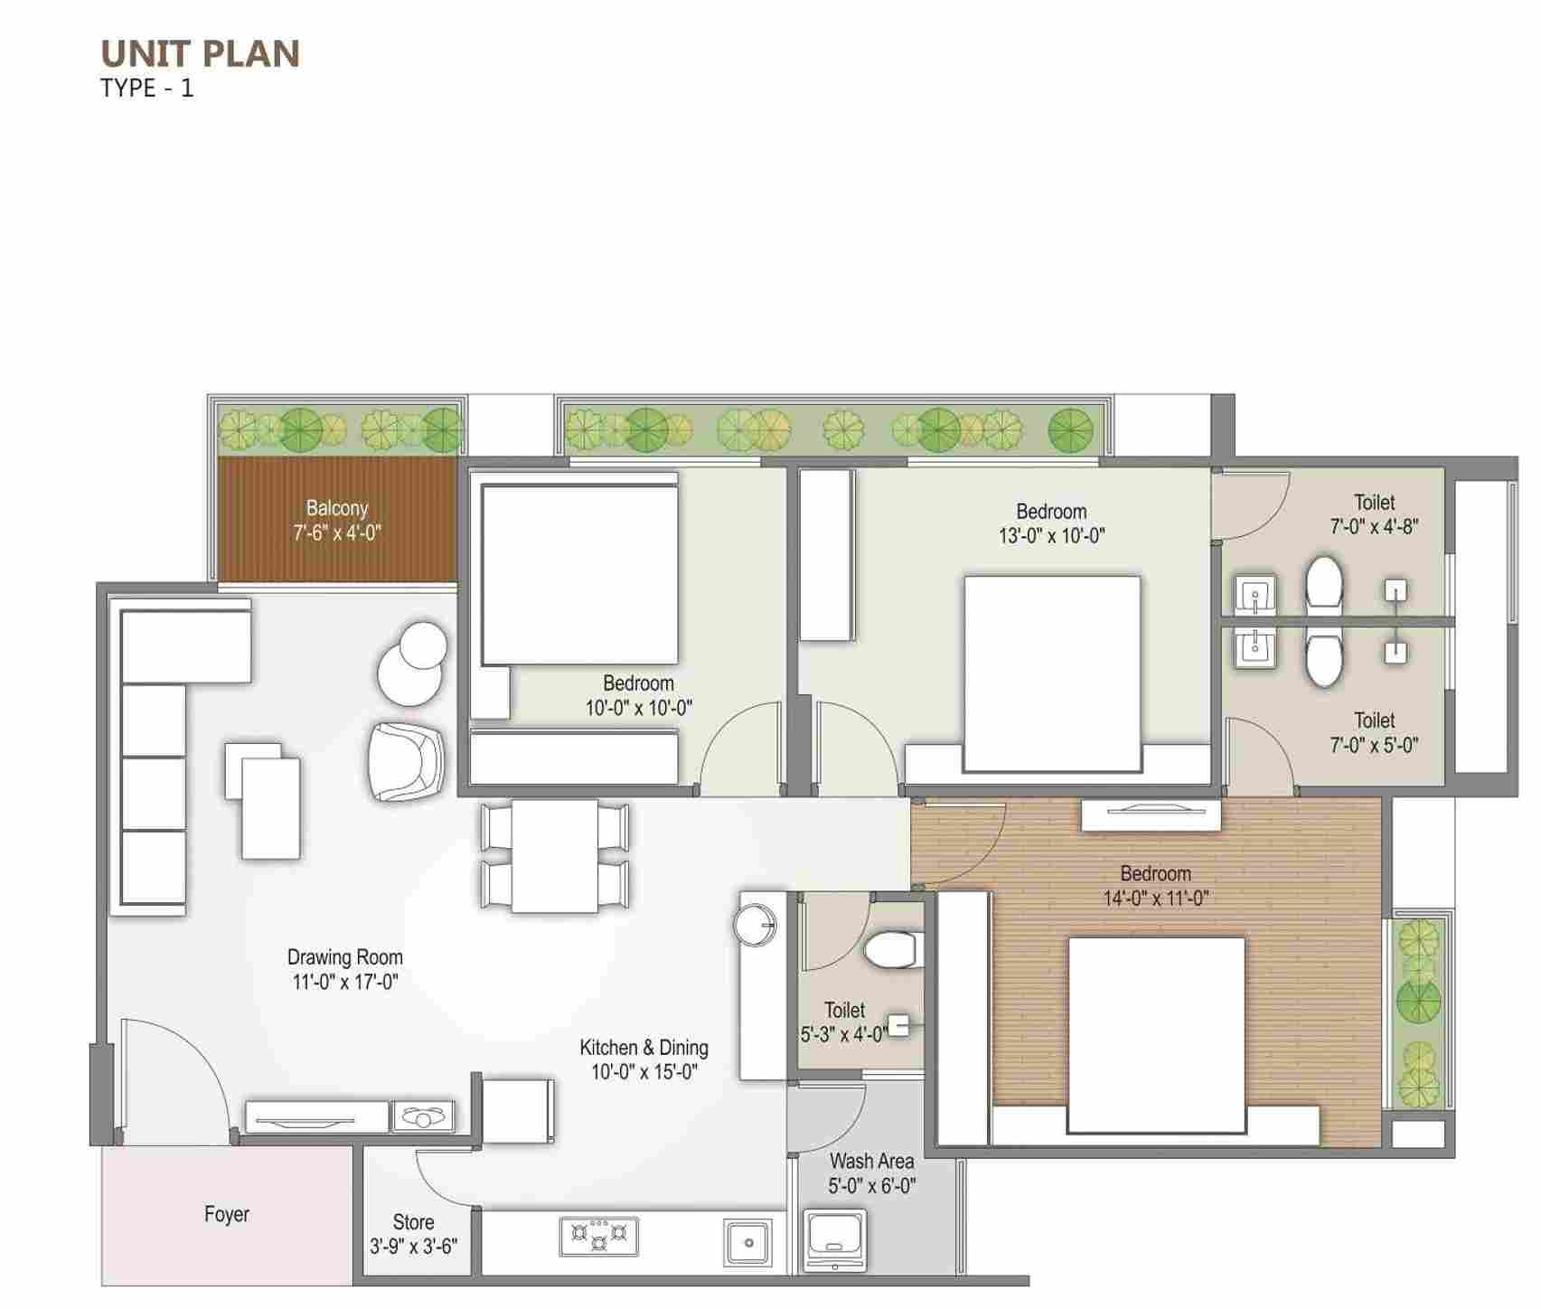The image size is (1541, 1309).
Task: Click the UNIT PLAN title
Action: [x=200, y=54]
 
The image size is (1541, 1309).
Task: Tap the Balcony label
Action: [x=337, y=508]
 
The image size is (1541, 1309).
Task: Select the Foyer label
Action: [x=226, y=1214]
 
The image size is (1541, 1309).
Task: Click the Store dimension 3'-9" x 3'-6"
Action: [x=413, y=1247]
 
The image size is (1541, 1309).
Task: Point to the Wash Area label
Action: [x=871, y=1161]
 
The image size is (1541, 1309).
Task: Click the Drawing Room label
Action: [x=345, y=956]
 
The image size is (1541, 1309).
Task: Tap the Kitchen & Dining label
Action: [x=644, y=1048]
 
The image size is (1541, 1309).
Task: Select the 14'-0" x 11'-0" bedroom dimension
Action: [x=1156, y=898]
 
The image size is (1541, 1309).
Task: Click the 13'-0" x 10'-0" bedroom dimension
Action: [x=1051, y=535]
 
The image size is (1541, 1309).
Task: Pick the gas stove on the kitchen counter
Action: [x=598, y=1236]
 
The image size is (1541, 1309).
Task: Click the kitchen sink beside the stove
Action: [x=747, y=1242]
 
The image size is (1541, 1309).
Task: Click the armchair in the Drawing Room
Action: [x=407, y=761]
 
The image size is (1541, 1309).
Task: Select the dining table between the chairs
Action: [x=555, y=856]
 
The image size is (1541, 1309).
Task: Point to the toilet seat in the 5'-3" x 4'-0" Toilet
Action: [x=890, y=950]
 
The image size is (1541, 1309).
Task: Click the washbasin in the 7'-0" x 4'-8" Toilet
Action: [x=1254, y=595]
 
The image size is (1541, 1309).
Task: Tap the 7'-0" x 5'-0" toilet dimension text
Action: [x=1374, y=745]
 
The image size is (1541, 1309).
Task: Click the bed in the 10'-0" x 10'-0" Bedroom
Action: [x=579, y=574]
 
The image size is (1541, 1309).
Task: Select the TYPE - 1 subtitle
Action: [x=147, y=89]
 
